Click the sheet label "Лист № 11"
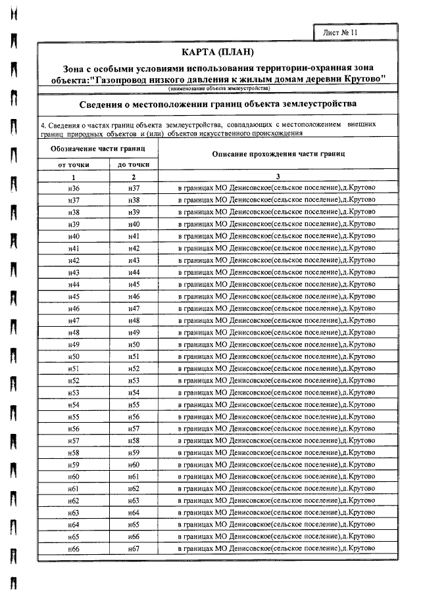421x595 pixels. click(341, 32)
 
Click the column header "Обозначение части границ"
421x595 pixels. click(98, 150)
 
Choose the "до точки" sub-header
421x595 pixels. click(134, 164)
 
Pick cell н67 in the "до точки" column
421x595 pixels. click(134, 548)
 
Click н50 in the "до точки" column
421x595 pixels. click(134, 345)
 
